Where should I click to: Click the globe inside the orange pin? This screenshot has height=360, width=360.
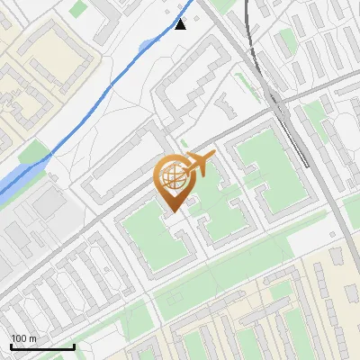(x=174, y=178)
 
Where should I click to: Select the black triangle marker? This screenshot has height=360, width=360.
(x=181, y=24)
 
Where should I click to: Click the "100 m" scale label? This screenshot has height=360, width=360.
(x=23, y=338)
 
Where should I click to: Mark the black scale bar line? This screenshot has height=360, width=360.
(x=41, y=346)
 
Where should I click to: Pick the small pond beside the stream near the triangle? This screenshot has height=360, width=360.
(x=147, y=44)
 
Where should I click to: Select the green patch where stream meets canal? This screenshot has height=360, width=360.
(x=34, y=154)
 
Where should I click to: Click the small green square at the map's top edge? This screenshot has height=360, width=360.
(x=79, y=8)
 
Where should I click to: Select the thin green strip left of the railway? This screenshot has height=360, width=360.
(x=244, y=85)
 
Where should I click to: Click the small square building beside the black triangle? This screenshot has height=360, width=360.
(x=167, y=15)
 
